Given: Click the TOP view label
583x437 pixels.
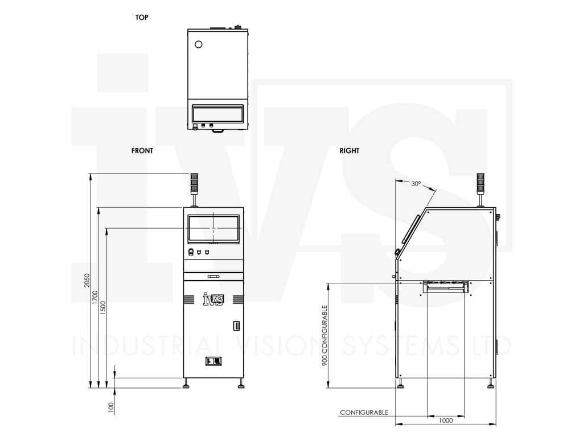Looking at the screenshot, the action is coord(142,18).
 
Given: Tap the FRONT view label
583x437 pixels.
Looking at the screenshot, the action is coord(142,150).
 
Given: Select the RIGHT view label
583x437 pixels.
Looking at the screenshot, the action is coord(349,150).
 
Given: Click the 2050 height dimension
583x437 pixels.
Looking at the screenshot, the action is coord(87,280).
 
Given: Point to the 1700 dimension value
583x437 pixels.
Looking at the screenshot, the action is coord(95,298).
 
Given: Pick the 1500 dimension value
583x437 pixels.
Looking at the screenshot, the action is coord(104,308).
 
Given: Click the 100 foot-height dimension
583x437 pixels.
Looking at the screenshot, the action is coord(111,407).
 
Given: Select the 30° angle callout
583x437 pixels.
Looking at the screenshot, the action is coord(416,184).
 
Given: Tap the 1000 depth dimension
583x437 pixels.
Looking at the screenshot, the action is coord(446,420).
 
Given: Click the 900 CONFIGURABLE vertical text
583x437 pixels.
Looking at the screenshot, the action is coord(325,336).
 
